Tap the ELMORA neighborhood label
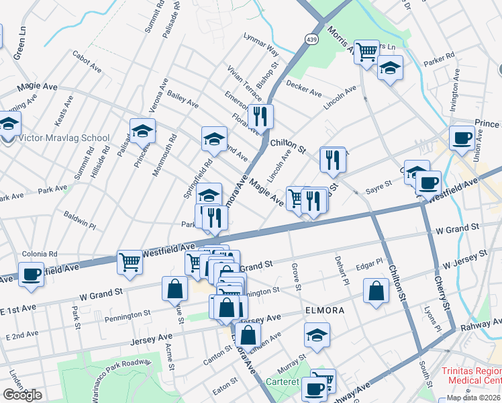325,311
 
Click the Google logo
22,395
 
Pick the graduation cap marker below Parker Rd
389,67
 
